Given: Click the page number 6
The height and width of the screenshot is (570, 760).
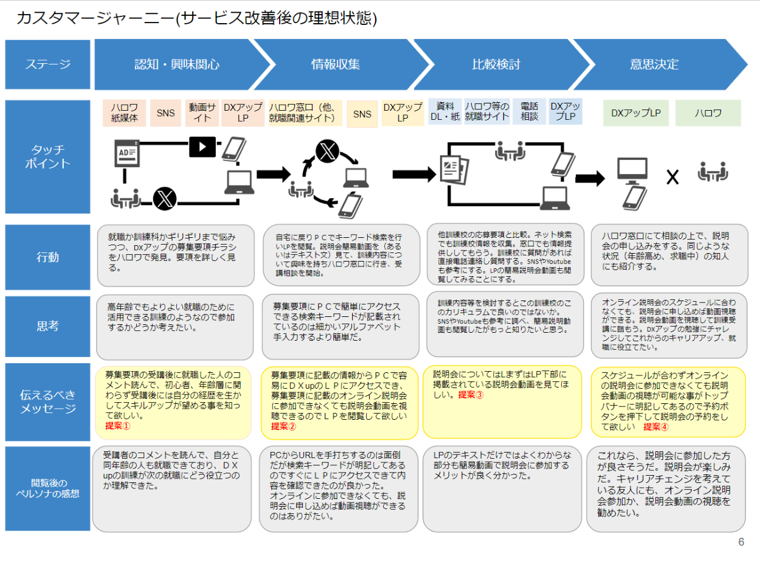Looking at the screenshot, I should (x=741, y=542).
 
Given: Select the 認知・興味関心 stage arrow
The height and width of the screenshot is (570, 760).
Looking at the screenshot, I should (x=177, y=64).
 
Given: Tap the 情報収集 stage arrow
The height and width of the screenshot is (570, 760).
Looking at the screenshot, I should (x=336, y=64).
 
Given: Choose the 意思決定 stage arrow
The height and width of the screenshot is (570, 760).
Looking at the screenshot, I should (x=654, y=64).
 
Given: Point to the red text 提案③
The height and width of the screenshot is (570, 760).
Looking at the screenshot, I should (x=471, y=395).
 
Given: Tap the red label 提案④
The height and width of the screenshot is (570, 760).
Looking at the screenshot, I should (x=655, y=426).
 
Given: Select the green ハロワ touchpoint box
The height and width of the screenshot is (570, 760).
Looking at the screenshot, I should (x=708, y=113).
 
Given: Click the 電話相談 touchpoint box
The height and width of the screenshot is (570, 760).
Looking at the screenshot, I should (x=529, y=112).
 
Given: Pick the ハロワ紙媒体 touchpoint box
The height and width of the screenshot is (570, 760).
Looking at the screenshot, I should (x=125, y=113).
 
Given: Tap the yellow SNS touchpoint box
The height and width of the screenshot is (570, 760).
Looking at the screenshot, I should (x=362, y=114).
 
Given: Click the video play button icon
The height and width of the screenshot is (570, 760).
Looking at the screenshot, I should (x=202, y=145).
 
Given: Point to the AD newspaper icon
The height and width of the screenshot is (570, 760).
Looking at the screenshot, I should (x=126, y=153).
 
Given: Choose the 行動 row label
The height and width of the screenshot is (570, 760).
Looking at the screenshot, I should (x=47, y=257).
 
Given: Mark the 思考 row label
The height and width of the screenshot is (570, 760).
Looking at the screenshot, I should (x=47, y=326).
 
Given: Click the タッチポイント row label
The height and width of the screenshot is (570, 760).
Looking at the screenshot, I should (x=47, y=157).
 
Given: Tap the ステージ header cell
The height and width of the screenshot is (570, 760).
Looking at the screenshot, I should (x=47, y=64).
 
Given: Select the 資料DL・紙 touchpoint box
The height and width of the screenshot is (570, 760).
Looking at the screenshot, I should (x=445, y=112).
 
